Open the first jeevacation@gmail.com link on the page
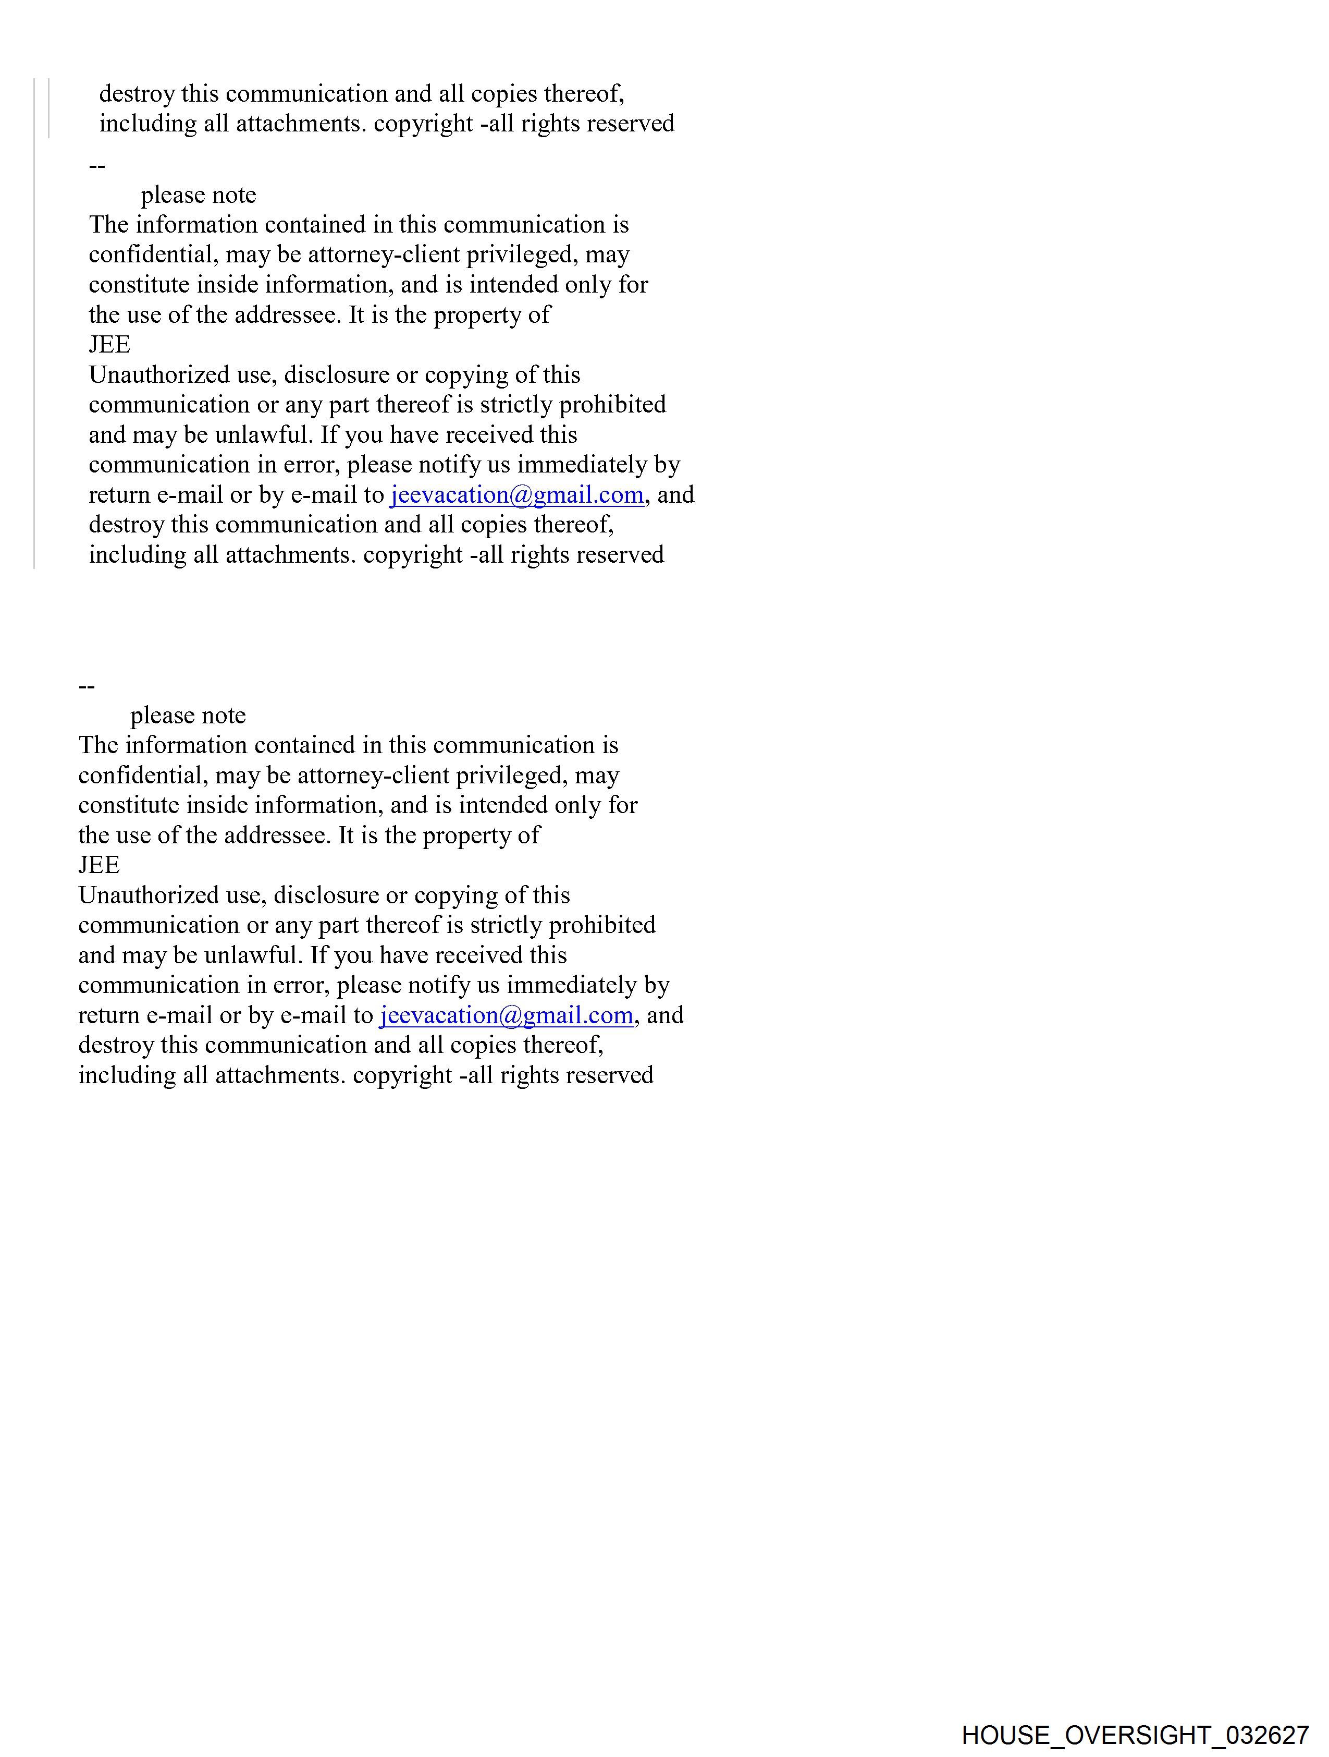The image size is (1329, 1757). (516, 495)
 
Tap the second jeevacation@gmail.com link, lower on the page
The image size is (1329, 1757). (506, 1015)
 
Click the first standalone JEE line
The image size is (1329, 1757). (109, 345)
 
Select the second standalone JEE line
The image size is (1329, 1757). (99, 865)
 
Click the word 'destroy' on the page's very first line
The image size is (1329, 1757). (137, 94)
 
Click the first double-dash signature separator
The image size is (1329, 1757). (97, 166)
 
